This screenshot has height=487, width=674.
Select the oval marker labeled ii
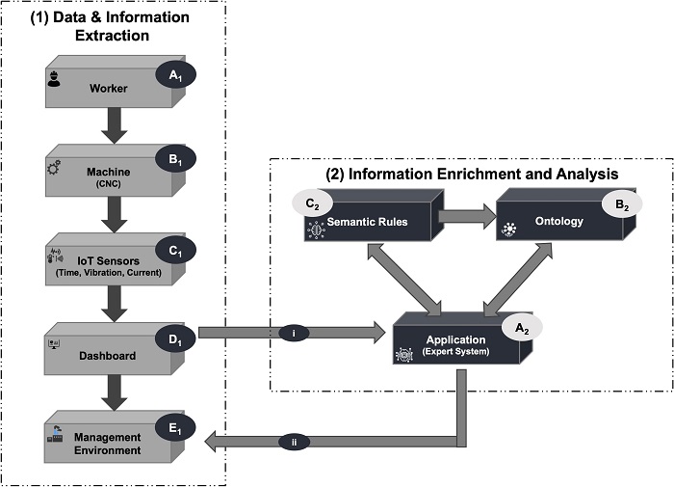point(294,443)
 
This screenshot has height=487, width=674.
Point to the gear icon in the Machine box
point(53,168)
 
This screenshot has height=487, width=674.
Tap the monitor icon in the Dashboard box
point(54,343)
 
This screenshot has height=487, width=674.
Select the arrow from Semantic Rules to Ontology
point(466,217)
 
